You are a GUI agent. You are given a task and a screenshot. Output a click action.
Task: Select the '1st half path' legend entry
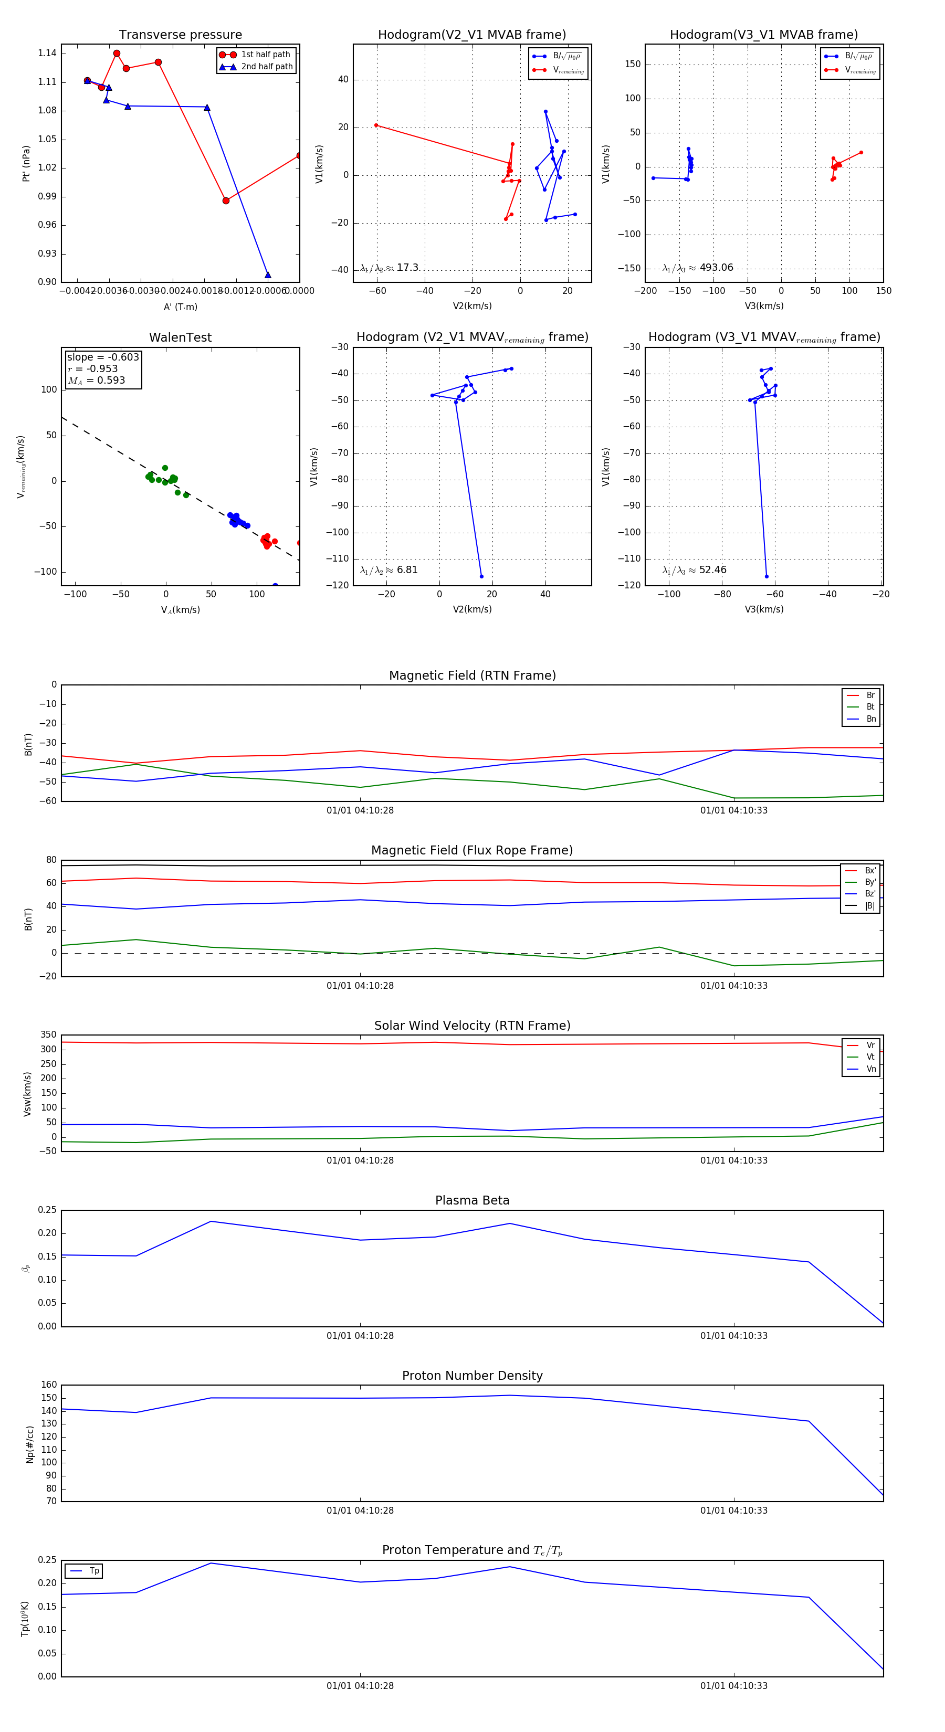pos(265,55)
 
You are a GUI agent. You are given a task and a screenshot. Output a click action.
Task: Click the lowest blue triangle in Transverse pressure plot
pos(268,275)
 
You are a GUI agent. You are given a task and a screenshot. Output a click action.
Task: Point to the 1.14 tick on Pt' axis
pos(47,54)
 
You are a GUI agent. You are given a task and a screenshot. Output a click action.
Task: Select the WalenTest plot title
pos(180,337)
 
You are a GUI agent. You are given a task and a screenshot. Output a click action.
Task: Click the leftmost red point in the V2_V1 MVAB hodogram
pos(376,125)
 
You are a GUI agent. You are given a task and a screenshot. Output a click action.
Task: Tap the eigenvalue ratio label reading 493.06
pos(716,268)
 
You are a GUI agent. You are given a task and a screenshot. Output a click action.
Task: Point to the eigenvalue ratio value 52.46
pos(712,570)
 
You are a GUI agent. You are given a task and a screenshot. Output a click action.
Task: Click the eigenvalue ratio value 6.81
pos(407,570)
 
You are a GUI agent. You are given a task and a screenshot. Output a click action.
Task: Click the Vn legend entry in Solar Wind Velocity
pos(870,1069)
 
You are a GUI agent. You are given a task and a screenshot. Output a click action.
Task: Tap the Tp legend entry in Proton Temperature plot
pos(93,1571)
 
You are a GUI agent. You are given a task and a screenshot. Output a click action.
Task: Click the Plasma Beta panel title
pos(472,1200)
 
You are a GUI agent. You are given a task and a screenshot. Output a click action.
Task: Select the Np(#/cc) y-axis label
pos(29,1443)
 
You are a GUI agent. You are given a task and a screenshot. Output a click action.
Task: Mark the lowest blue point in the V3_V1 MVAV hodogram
pos(766,576)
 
